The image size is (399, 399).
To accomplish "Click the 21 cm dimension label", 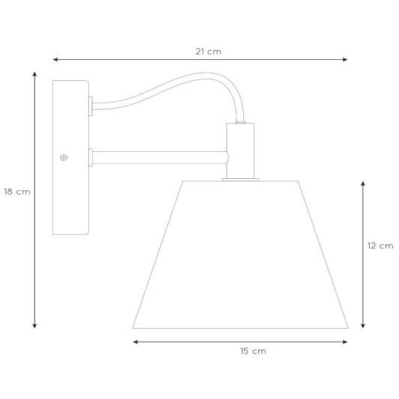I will click(208, 52).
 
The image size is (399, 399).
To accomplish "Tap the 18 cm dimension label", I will click(16, 192).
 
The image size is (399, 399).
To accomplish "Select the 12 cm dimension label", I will click(380, 246).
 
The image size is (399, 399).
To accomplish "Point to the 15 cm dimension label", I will click(253, 350).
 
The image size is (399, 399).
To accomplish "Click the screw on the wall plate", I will click(64, 157).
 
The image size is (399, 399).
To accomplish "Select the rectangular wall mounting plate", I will click(70, 157).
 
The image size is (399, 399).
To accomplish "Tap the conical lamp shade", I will click(240, 255).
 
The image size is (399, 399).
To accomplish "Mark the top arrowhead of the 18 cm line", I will click(34, 73).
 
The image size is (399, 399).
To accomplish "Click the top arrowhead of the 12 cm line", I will click(363, 182).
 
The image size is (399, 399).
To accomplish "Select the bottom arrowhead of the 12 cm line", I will click(363, 326).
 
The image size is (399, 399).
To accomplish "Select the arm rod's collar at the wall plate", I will click(91, 156).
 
